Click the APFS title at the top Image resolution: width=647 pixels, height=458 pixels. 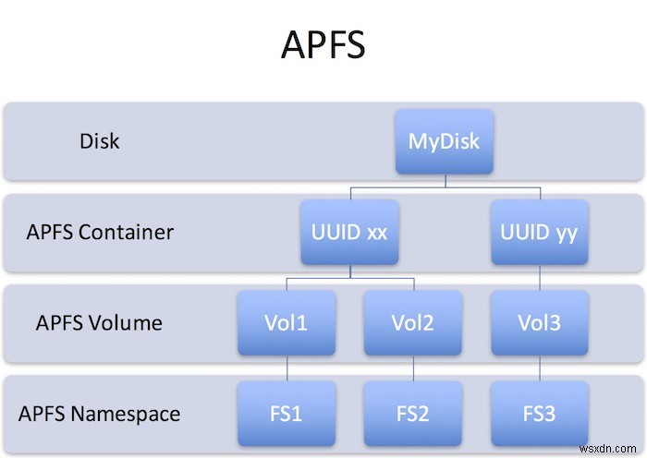click(323, 44)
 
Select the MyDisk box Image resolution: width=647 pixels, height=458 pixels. click(445, 142)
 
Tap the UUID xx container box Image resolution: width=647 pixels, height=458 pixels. click(348, 232)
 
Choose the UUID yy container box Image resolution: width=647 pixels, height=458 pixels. click(540, 232)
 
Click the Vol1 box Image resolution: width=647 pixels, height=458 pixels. click(286, 322)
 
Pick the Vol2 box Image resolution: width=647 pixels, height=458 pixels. click(412, 322)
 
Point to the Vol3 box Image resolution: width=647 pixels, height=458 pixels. click(540, 322)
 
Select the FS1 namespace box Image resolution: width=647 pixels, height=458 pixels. click(286, 413)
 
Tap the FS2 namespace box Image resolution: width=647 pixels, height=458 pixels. click(412, 413)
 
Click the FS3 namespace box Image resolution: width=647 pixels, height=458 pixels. click(540, 413)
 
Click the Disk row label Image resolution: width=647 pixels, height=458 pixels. click(99, 142)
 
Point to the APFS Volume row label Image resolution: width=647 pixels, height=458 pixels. click(99, 322)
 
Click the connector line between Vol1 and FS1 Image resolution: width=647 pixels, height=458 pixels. click(286, 368)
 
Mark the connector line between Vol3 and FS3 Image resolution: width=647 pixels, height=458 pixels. click(540, 368)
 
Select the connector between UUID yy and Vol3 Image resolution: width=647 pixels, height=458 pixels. click(540, 277)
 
